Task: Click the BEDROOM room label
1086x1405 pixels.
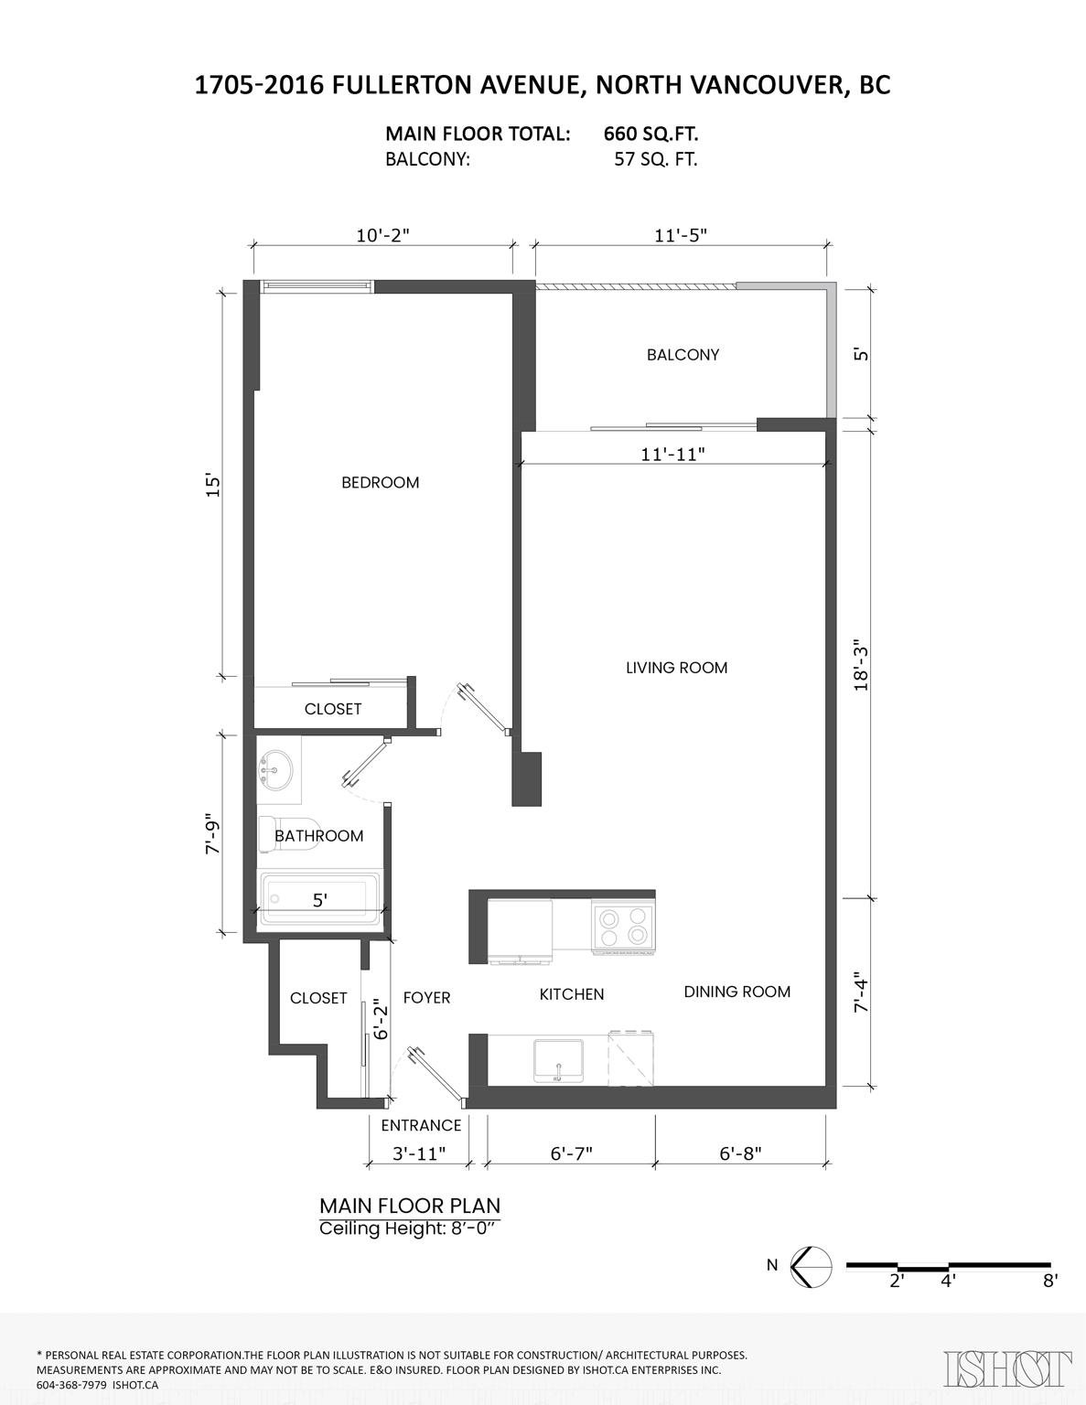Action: [x=380, y=482]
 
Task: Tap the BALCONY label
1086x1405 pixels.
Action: [x=683, y=355]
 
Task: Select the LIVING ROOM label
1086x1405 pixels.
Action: [x=676, y=668]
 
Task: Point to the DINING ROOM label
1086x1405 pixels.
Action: [x=737, y=992]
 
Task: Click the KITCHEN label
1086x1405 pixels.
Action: [x=572, y=994]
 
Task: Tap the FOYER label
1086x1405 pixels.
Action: [x=426, y=998]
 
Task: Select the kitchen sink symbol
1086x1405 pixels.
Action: [x=558, y=1060]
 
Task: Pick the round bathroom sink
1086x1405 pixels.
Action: [x=276, y=770]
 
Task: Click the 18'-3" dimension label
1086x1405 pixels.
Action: [x=860, y=666]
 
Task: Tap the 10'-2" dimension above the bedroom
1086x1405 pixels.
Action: [x=383, y=235]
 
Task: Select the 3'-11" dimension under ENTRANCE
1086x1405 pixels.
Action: [x=420, y=1154]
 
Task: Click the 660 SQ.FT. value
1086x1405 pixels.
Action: [x=651, y=134]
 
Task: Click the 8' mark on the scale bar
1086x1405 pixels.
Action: [x=1049, y=1281]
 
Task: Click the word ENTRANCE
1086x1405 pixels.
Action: [x=421, y=1126]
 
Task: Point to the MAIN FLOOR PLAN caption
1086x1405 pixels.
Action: [x=410, y=1207]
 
